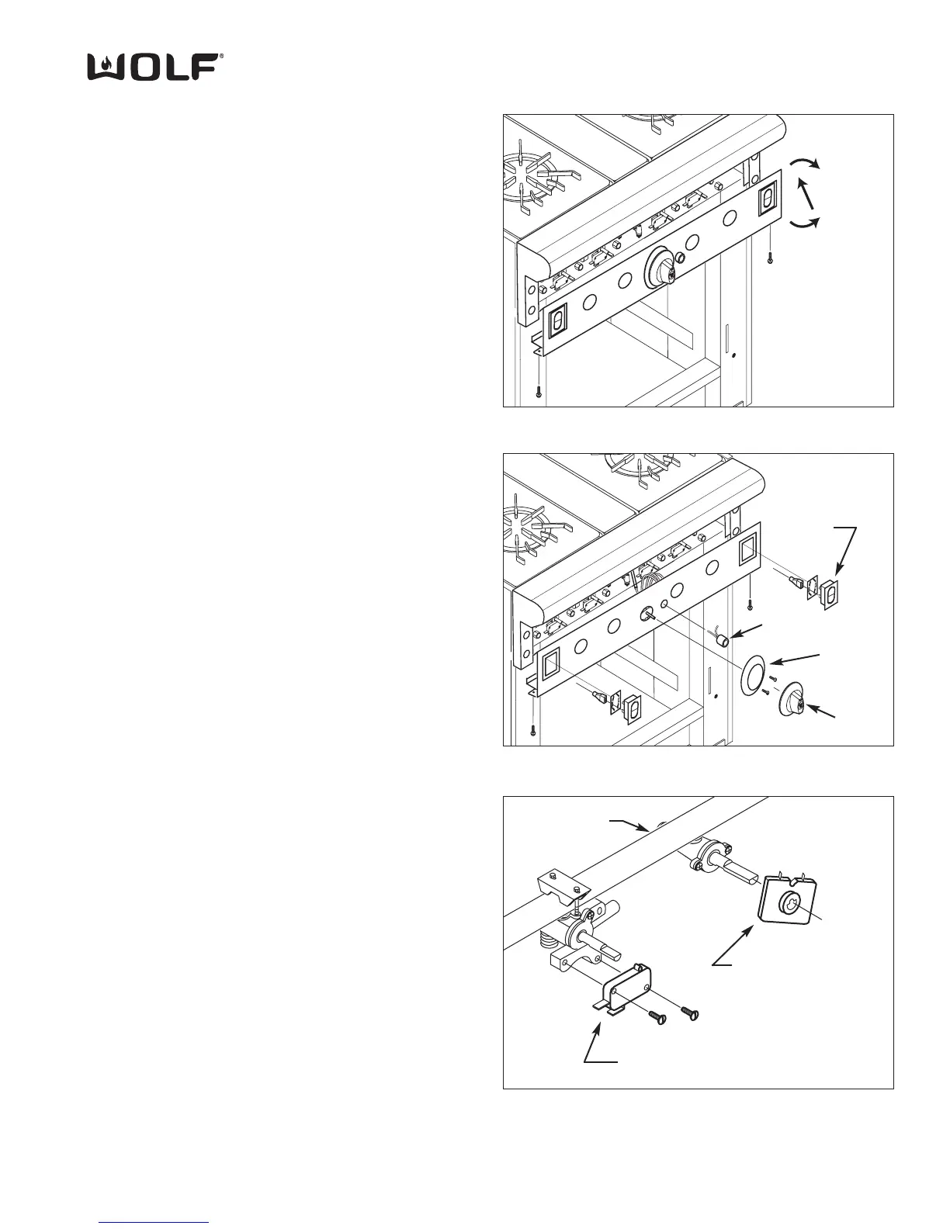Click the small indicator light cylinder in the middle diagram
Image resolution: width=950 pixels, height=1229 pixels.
(x=723, y=640)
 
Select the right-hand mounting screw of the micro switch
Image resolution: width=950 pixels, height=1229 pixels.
(x=690, y=1012)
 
